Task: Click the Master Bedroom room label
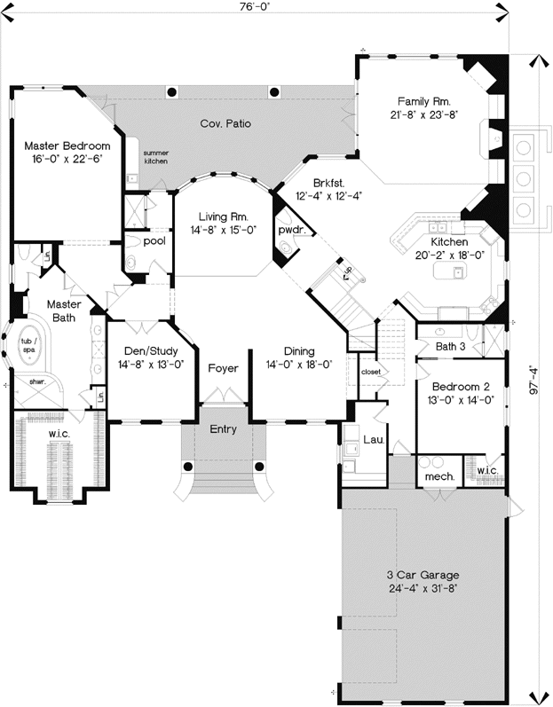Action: click(67, 145)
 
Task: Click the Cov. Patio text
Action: click(225, 123)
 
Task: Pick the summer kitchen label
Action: click(156, 158)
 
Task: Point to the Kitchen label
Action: click(448, 242)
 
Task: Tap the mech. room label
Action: click(439, 476)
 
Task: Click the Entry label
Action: click(223, 429)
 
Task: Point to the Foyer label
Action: click(223, 367)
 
